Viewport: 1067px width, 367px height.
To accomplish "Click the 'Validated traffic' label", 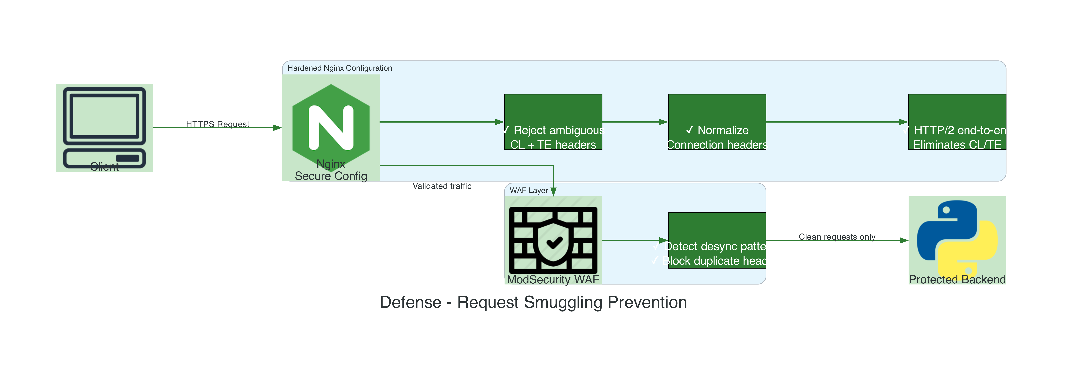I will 442,186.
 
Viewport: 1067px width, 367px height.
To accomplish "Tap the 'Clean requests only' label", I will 837,237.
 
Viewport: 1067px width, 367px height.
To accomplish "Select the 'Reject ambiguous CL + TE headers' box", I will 553,122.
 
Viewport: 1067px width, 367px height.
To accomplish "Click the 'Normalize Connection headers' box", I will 717,122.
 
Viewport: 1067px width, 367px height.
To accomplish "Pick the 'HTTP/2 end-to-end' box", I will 957,122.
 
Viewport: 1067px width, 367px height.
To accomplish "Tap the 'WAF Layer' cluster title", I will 528,190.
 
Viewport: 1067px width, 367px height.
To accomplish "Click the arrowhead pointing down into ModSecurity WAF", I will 553,192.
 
